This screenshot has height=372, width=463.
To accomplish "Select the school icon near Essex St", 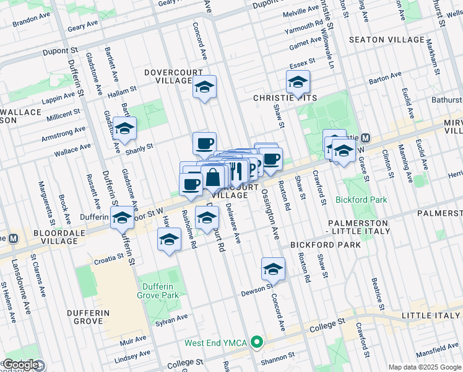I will pos(298,82).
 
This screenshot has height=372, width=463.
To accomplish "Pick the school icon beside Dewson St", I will pos(272,269).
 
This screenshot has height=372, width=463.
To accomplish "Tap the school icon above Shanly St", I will pos(125,128).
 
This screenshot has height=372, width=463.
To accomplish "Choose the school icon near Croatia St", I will pos(169,240).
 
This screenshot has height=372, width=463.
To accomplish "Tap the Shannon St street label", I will pos(278,357).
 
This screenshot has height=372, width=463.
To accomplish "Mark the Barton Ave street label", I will pos(385,77).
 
